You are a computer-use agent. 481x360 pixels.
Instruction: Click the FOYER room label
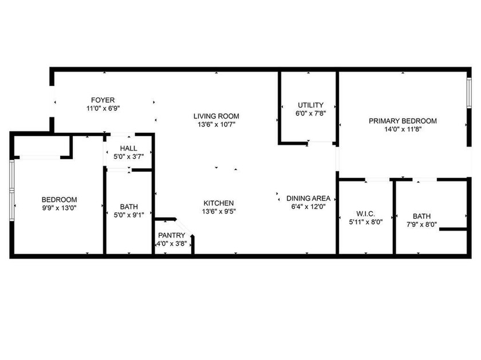(103, 100)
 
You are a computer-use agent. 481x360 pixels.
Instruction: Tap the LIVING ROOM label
(216, 116)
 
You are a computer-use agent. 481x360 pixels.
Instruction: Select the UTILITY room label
(310, 105)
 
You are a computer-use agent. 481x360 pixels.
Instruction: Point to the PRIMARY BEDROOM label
(403, 121)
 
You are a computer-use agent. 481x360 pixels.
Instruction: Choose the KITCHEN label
(219, 203)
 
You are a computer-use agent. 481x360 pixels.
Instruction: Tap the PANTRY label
(171, 235)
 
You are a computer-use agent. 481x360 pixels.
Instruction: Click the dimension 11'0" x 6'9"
(103, 108)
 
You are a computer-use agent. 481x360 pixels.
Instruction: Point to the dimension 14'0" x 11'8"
(403, 129)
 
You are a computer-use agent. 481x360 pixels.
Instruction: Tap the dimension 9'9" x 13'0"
(59, 208)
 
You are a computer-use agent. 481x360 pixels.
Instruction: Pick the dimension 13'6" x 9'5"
(219, 211)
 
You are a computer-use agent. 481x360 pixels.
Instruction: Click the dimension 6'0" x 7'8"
(310, 113)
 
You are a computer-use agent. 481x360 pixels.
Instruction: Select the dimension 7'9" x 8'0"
(421, 224)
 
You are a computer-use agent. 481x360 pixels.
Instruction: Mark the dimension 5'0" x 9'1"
(128, 215)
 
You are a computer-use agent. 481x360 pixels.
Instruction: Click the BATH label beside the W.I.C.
(421, 216)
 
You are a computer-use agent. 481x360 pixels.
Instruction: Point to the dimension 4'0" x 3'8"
(171, 243)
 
